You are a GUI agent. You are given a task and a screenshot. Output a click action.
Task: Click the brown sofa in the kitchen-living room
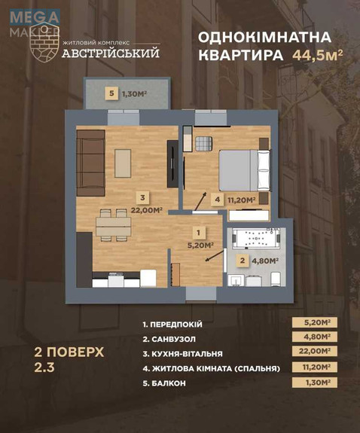[x=90, y=162]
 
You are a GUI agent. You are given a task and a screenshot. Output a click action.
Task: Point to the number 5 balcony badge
[x=112, y=93]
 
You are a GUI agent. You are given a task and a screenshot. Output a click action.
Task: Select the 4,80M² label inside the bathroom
[x=264, y=261]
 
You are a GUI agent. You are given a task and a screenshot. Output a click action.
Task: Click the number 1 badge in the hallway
[x=198, y=233]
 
